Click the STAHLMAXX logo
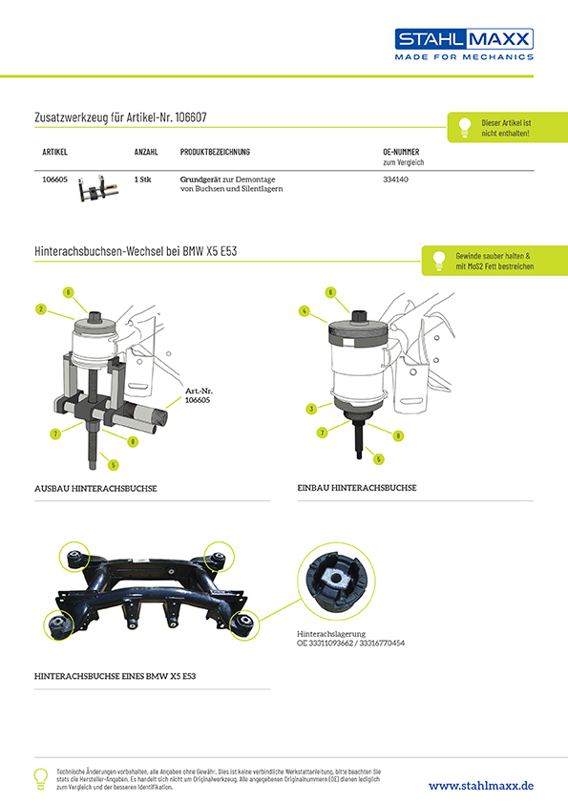[464, 44]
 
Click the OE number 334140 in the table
[396, 180]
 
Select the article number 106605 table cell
[54, 180]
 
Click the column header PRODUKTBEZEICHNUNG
[215, 152]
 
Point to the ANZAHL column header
[146, 152]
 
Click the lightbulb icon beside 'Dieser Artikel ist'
[465, 127]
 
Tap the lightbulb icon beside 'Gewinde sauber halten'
[439, 261]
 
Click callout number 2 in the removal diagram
[41, 309]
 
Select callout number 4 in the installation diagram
[305, 311]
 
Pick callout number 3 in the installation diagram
[311, 409]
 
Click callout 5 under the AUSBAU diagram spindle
[114, 465]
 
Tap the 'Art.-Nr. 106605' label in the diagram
[199, 395]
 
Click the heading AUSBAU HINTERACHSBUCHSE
[95, 489]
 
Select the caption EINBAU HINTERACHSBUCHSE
[357, 488]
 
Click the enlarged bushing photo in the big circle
[336, 582]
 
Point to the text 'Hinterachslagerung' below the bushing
[331, 634]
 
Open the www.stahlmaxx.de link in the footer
[481, 786]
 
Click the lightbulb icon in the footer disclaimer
[40, 778]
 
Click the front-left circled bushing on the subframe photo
[59, 625]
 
